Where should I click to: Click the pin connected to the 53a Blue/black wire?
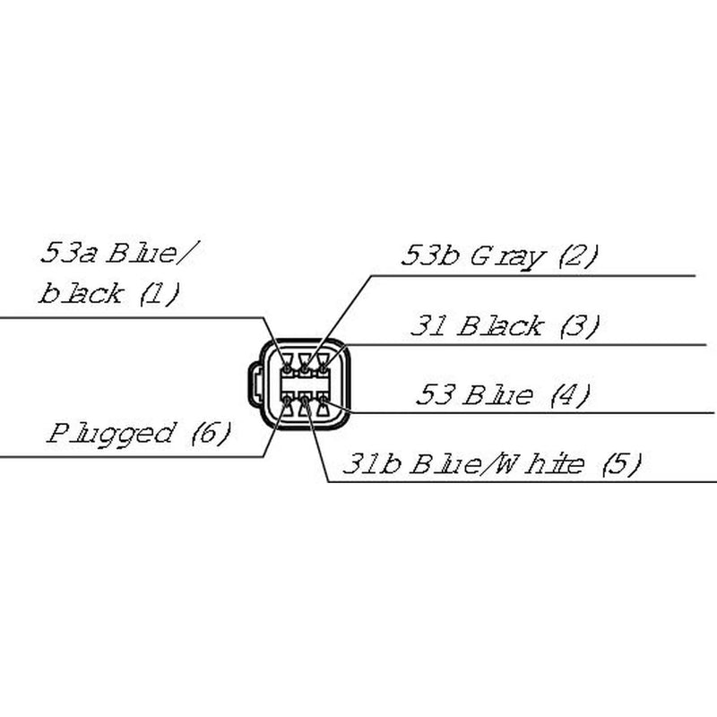click(287, 368)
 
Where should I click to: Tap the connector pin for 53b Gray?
click(305, 368)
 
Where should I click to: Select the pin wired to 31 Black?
click(323, 368)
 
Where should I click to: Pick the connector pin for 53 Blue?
click(323, 401)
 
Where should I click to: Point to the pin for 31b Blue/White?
click(305, 401)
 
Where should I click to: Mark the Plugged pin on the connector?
click(287, 401)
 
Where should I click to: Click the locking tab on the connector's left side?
click(255, 384)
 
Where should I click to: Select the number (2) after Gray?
click(578, 256)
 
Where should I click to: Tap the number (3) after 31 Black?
click(579, 326)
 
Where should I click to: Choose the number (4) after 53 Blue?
click(570, 395)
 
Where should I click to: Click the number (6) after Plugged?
click(211, 433)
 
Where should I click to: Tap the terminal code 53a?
click(69, 253)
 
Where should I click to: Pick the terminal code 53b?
click(430, 255)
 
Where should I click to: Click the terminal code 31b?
click(372, 463)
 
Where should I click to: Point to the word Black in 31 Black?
click(500, 326)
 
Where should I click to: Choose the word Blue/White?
click(497, 463)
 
